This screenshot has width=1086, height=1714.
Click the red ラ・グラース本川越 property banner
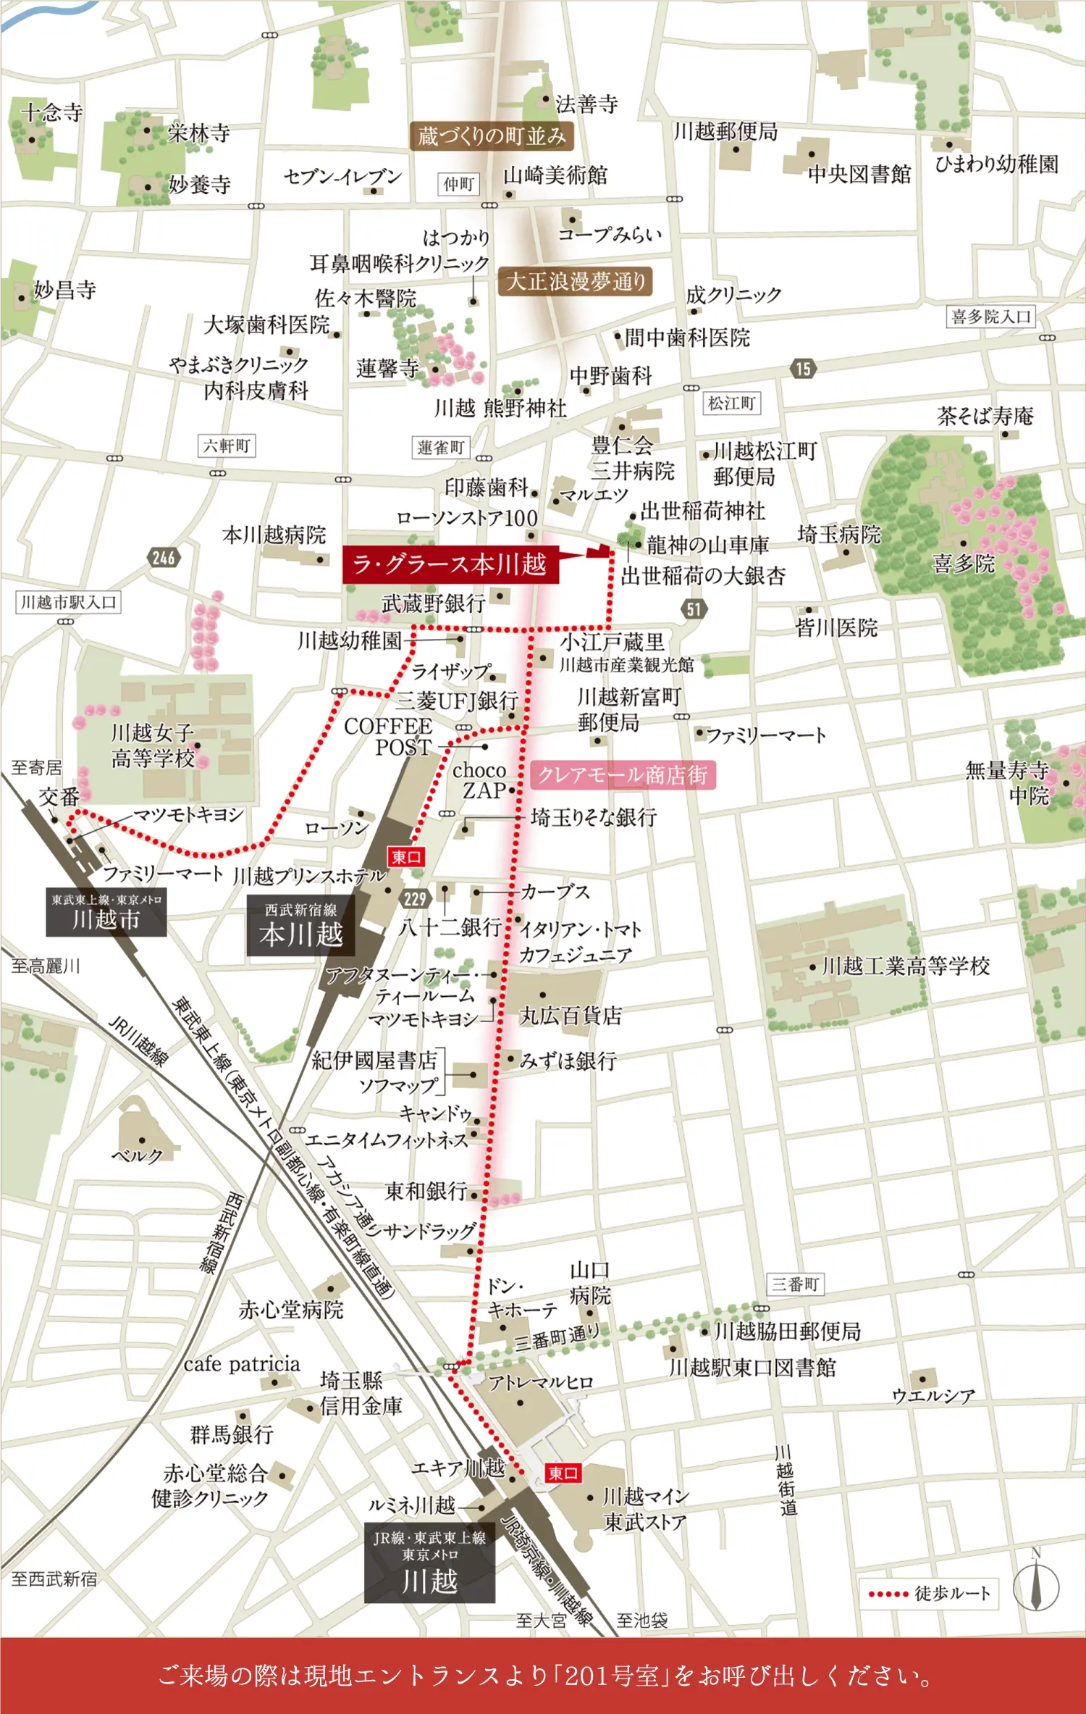pos(450,564)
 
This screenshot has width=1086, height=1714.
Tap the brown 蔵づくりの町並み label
pos(492,135)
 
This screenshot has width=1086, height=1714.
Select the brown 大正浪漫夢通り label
pos(576,281)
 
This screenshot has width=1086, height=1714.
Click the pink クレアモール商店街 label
pos(623,774)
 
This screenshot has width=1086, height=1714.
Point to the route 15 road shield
pos(803,369)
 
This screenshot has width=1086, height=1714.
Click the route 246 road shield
pos(164,557)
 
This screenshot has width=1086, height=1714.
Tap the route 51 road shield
pos(694,609)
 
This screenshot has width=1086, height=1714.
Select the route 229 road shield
pos(415,899)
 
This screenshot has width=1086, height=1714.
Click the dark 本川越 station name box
pos(300,925)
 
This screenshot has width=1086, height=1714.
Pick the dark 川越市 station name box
pos(106,912)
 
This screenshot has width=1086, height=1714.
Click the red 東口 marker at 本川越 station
pos(405,857)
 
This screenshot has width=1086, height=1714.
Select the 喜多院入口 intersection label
pos(990,317)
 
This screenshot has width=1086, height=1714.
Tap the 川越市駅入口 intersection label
pos(68,602)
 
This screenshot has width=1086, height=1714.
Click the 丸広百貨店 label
pos(571,1016)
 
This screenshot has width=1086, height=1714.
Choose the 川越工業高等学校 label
pos(906,966)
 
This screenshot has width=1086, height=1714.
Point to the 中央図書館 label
pos(859,174)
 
